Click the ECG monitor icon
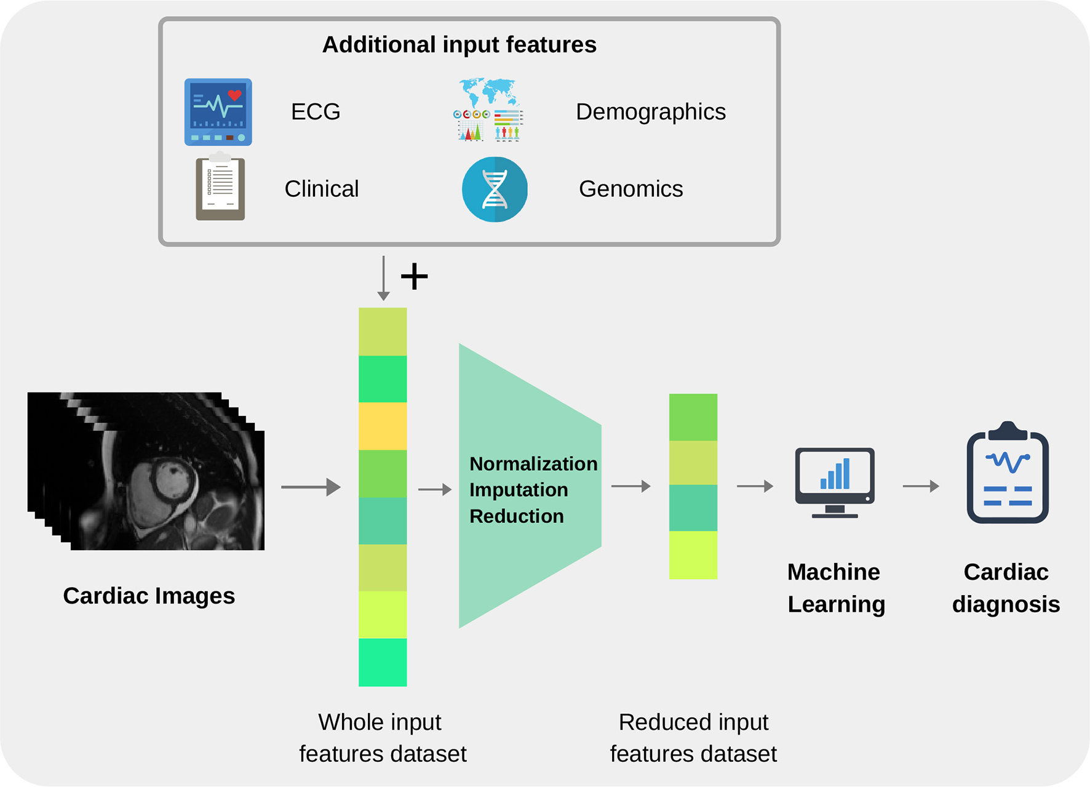(x=218, y=112)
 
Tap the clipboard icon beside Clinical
(x=220, y=186)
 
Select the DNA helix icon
(x=495, y=190)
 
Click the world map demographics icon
(x=488, y=110)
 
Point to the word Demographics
(x=651, y=112)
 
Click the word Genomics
(x=631, y=189)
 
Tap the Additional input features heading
(x=459, y=45)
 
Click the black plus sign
(x=415, y=276)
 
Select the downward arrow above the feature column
(x=383, y=278)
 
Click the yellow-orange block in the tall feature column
(x=383, y=426)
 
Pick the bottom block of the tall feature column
(x=383, y=663)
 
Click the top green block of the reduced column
(x=693, y=417)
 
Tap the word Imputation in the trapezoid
(x=519, y=490)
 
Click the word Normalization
(x=533, y=463)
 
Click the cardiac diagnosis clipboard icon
(x=1008, y=473)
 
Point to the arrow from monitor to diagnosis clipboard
(x=921, y=486)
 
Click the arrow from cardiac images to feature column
(x=311, y=487)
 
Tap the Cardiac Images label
(x=149, y=596)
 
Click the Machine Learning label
(x=836, y=588)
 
